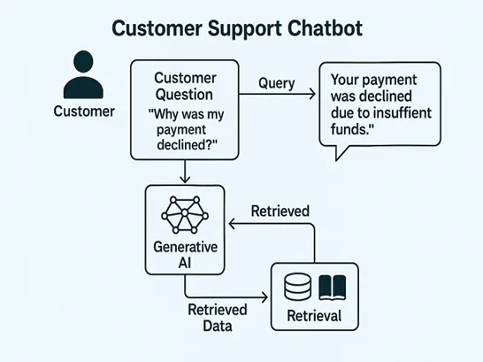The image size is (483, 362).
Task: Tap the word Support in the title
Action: pyautogui.click(x=219, y=29)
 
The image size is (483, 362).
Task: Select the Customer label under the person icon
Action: pyautogui.click(x=84, y=112)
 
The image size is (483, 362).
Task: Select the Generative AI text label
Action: pyautogui.click(x=185, y=252)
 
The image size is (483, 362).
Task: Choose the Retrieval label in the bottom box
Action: pyautogui.click(x=315, y=316)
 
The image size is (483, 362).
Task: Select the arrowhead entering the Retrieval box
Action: pyautogui.click(x=266, y=297)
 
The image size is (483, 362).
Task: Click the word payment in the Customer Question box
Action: pyautogui.click(x=185, y=129)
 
